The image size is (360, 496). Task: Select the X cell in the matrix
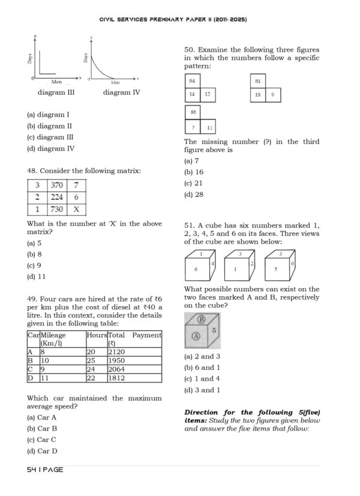pos(76,210)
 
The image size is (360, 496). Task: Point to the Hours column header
pos(96,335)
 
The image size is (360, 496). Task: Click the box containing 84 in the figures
pos(193,80)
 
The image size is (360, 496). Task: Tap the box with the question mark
pos(193,127)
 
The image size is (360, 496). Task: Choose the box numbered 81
pos(257,80)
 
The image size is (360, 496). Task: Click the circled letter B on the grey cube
pos(202,319)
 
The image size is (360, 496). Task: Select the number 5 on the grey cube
pos(214,330)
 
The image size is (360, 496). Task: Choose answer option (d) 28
pos(194,195)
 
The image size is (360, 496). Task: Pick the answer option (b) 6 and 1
pos(203,367)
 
